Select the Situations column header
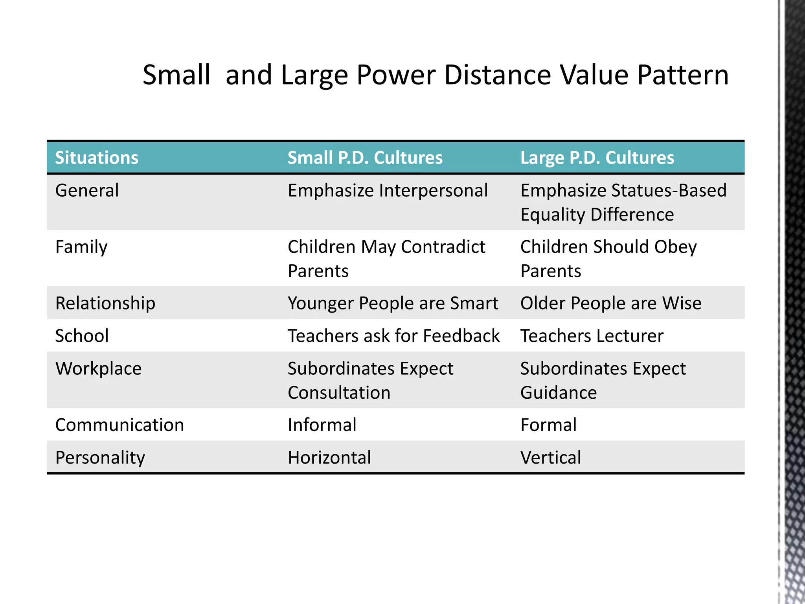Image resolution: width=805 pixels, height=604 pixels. (97, 158)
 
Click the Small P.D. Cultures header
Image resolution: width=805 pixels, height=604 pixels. (365, 158)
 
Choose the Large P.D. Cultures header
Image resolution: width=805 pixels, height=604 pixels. (597, 158)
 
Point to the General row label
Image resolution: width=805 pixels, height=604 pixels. (87, 191)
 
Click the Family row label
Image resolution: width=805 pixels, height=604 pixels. (81, 247)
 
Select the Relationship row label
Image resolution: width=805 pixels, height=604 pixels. (105, 304)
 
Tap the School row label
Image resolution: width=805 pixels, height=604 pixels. (82, 336)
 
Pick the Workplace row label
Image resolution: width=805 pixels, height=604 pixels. (98, 369)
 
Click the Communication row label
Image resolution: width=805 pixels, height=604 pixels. (119, 425)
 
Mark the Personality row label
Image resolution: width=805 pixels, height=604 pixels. (100, 458)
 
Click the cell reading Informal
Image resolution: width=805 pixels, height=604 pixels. (322, 425)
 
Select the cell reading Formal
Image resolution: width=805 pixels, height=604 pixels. (548, 425)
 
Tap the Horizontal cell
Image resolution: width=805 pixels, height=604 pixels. (329, 458)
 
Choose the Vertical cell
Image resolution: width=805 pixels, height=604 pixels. (551, 458)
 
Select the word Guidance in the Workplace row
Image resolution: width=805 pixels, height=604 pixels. (559, 393)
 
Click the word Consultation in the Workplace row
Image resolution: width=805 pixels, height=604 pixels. (339, 393)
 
